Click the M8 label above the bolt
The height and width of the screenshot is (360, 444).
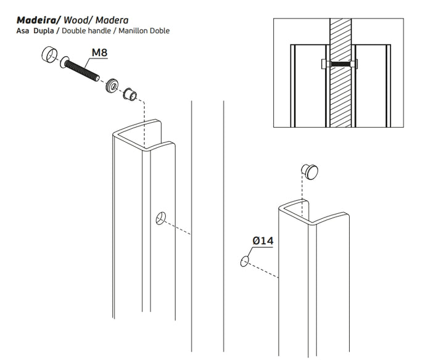point(99,53)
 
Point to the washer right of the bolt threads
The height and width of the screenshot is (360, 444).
point(112,85)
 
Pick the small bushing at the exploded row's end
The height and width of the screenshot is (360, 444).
point(130,95)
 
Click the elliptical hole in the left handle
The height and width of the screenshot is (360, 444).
point(161,218)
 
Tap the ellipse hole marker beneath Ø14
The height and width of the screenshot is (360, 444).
point(245,262)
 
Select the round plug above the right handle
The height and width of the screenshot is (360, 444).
point(310,171)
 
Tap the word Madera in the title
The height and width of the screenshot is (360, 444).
point(112,20)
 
